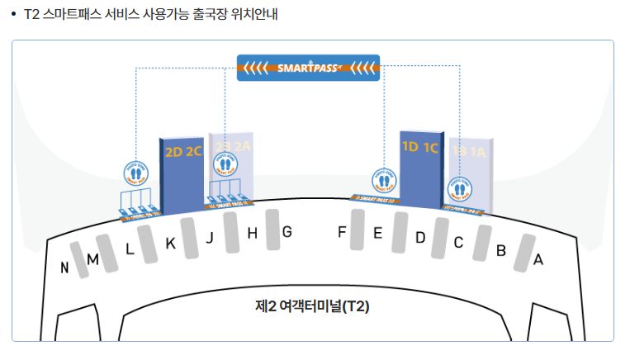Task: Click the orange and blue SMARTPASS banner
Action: (308, 68)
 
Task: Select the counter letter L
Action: (130, 249)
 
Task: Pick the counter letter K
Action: (170, 243)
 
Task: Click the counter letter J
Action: (210, 238)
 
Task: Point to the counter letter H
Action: (253, 234)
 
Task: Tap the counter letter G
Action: (287, 232)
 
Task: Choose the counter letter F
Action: (341, 232)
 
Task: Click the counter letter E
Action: (377, 233)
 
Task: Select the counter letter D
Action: (420, 238)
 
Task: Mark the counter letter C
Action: (458, 243)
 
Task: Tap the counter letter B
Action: (500, 250)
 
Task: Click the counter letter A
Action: (538, 259)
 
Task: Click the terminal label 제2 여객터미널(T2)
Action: (312, 306)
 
